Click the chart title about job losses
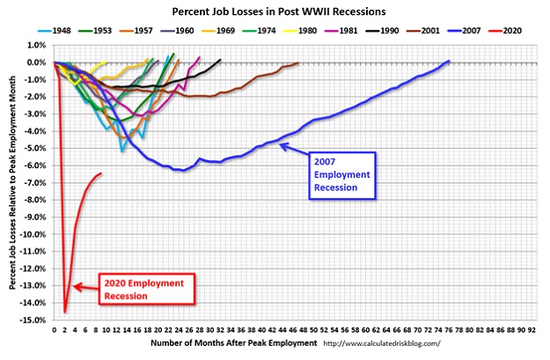pyautogui.click(x=279, y=11)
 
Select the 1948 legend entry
pyautogui.click(x=55, y=31)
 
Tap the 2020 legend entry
pyautogui.click(x=505, y=31)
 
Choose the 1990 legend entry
pyautogui.click(x=382, y=31)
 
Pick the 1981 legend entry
pyautogui.click(x=341, y=31)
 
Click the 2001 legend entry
pyautogui.click(x=423, y=31)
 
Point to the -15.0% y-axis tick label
pyautogui.click(x=35, y=320)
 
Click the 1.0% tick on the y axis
pyautogui.click(x=37, y=45)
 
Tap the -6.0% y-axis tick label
pyautogui.click(x=36, y=165)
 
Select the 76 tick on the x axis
pyautogui.click(x=449, y=330)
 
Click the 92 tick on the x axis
pyautogui.click(x=532, y=330)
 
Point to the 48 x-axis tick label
pyautogui.click(x=304, y=330)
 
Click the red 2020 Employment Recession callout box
pyautogui.click(x=147, y=289)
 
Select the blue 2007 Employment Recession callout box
pyautogui.click(x=342, y=176)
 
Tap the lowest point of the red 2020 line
pyautogui.click(x=65, y=312)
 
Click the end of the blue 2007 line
pyautogui.click(x=449, y=61)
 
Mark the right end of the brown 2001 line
pyautogui.click(x=297, y=63)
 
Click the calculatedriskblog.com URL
pyautogui.click(x=382, y=343)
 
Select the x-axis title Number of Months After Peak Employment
pyautogui.click(x=234, y=343)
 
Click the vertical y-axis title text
pyautogui.click(x=12, y=182)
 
